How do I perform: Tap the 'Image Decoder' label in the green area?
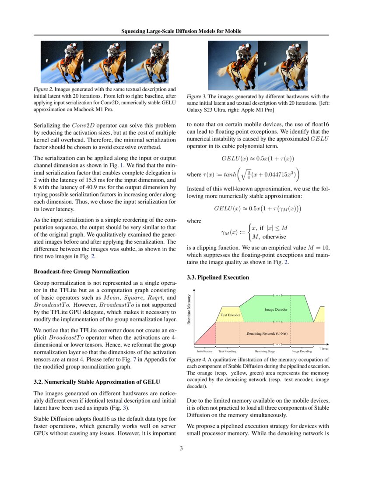point(276,309)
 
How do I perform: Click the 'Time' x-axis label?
point(324,349)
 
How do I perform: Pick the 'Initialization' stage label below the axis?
point(204,351)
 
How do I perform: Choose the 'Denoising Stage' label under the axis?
point(265,351)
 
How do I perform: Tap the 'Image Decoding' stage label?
point(302,351)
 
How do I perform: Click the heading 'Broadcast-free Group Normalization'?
point(81,272)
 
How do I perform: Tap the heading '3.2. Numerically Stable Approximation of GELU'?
point(97,381)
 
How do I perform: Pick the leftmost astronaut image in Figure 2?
point(62,62)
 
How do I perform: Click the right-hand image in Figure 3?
point(283,65)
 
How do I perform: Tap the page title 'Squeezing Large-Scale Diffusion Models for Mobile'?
point(181,31)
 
